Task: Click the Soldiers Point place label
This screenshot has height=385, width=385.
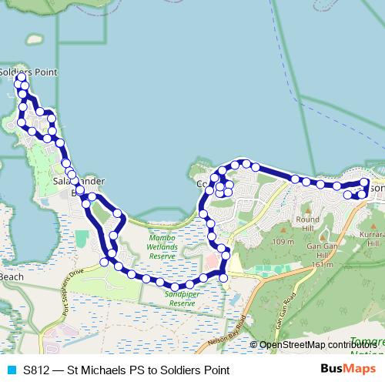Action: (x=29, y=72)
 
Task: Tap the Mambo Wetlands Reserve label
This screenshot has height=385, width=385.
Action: (x=162, y=247)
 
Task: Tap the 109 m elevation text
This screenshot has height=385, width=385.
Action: (x=284, y=242)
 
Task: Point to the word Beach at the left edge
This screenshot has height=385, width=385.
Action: (x=11, y=276)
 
